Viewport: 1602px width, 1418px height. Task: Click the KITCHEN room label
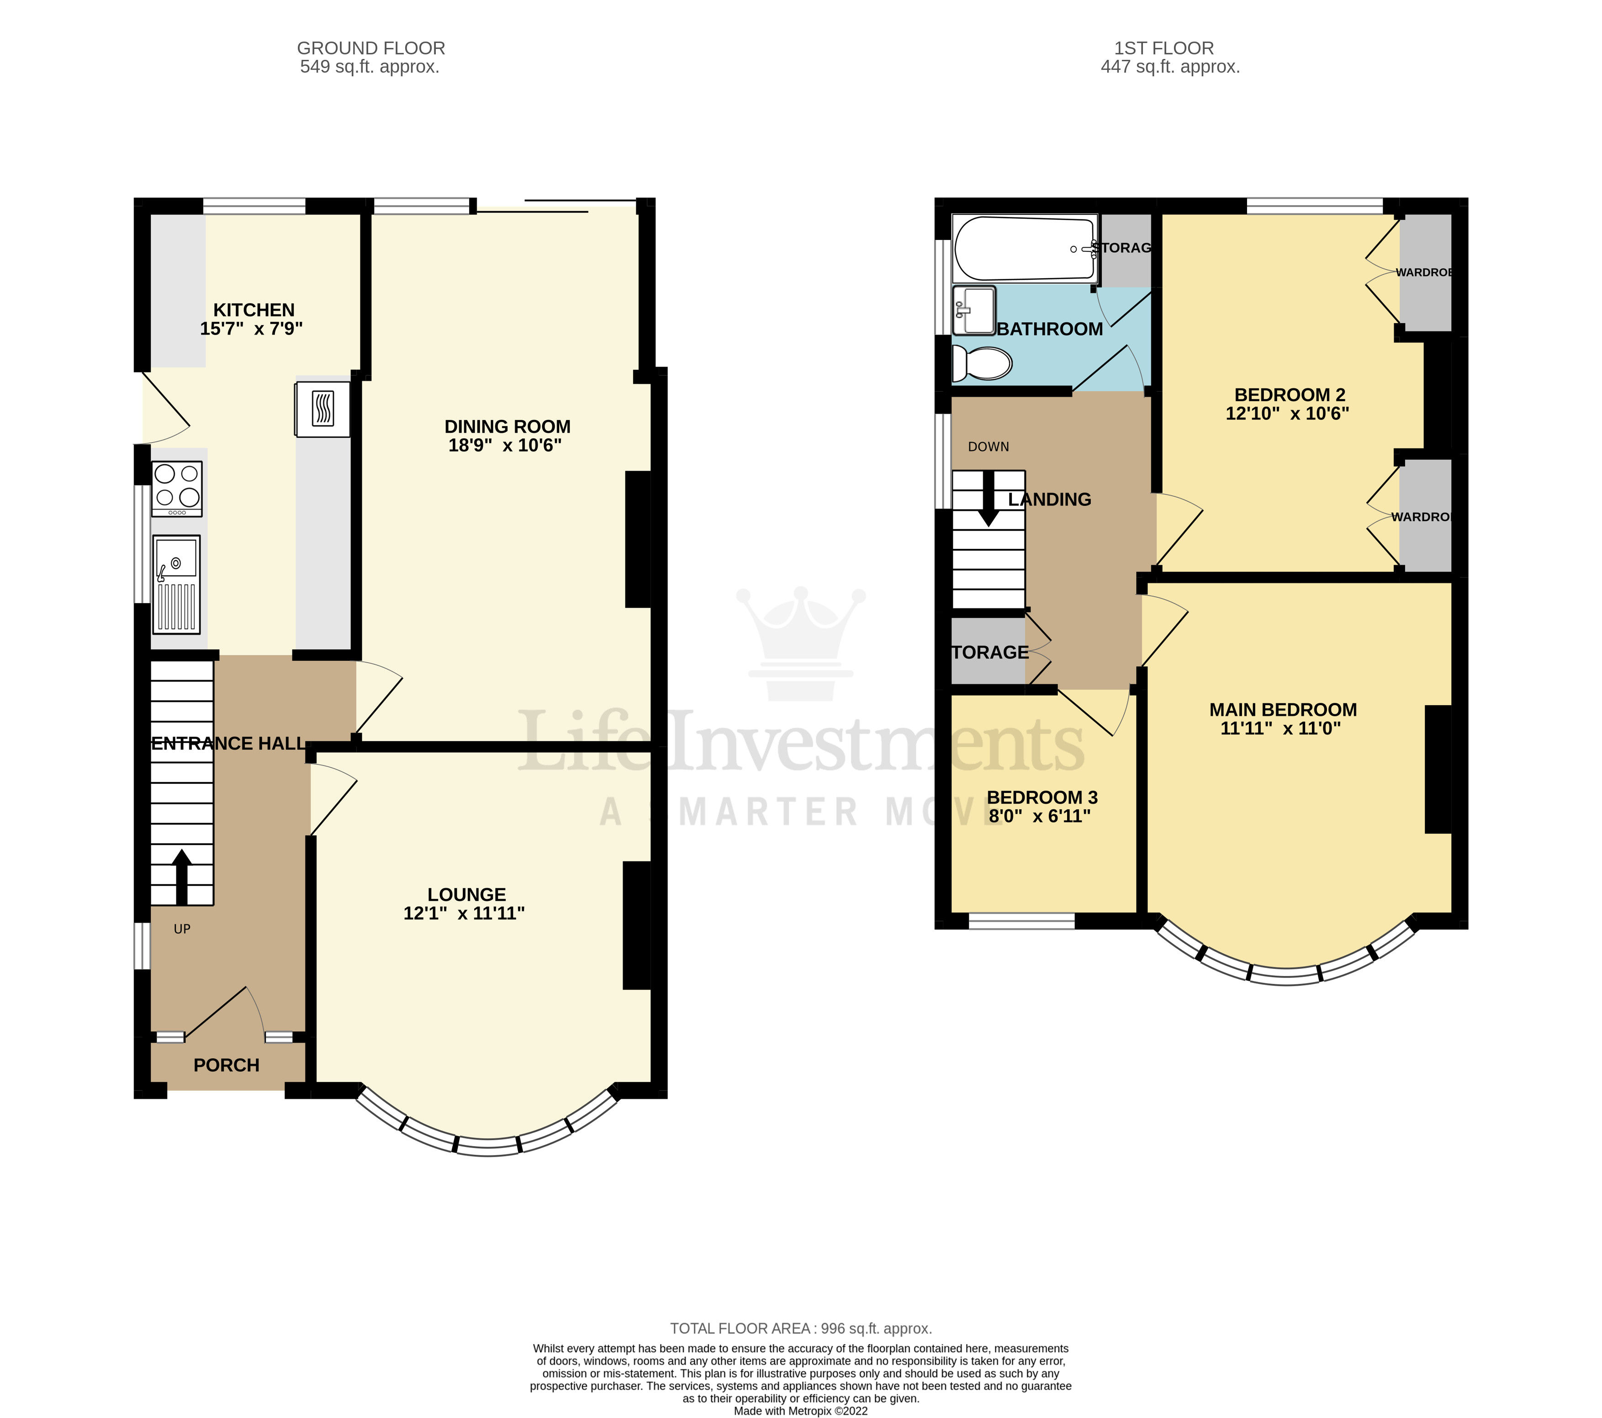point(254,310)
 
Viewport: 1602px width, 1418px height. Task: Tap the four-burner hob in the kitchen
point(177,489)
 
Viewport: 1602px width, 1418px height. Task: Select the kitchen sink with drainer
point(176,584)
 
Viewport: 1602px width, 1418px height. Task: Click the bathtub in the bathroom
point(1024,249)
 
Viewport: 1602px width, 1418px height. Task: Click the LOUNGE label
point(466,894)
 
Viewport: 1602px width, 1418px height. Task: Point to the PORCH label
point(227,1065)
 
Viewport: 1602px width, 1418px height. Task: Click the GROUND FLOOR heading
point(371,48)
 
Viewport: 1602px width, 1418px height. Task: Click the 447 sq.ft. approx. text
point(1169,68)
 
